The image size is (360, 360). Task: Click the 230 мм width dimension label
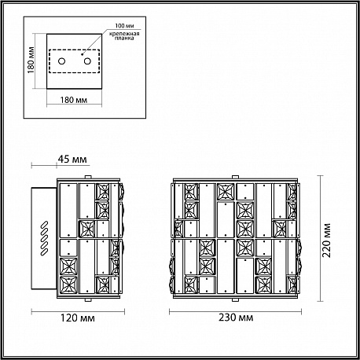[236, 318]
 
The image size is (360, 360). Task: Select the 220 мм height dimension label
[326, 241]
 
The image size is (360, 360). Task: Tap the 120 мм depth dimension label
[78, 318]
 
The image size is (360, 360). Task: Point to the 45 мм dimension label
[72, 159]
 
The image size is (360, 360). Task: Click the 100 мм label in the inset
[124, 26]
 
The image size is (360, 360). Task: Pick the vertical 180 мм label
[31, 60]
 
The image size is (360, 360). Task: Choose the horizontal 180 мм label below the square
[74, 100]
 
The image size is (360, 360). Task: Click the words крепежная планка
[124, 35]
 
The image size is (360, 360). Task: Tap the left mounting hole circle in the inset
[61, 61]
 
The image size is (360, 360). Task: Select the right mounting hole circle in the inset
[87, 61]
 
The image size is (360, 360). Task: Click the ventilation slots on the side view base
[44, 238]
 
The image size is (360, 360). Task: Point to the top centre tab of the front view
[235, 178]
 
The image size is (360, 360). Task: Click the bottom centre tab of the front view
[235, 299]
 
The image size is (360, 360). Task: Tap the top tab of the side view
[88, 178]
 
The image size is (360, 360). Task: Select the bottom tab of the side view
[88, 299]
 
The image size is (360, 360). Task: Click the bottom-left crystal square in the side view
[68, 285]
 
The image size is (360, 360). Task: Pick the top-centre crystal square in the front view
[226, 192]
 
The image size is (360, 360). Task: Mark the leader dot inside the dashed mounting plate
[82, 54]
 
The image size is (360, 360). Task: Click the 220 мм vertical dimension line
[320, 238]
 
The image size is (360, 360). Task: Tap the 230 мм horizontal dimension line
[235, 311]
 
